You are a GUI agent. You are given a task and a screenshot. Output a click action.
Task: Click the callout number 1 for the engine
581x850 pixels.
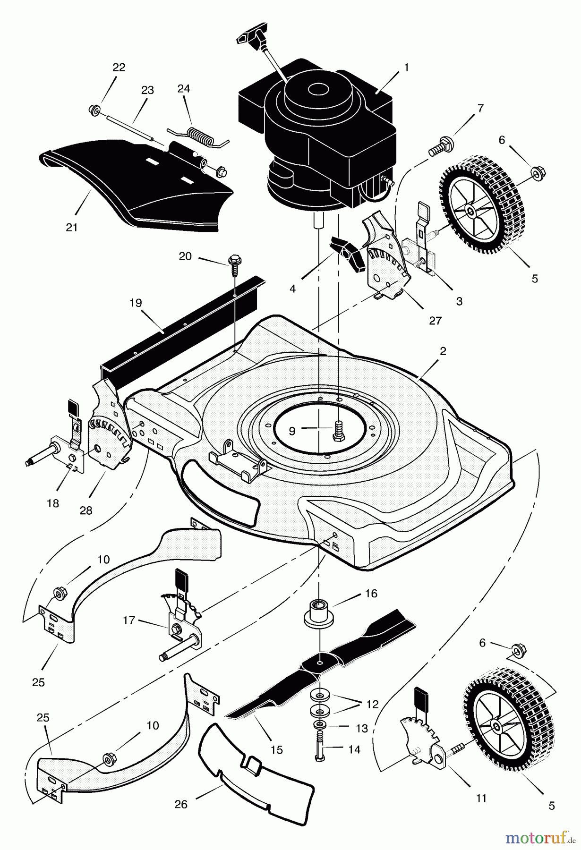coord(406,68)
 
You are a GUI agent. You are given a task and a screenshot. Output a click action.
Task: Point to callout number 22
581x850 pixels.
coord(119,68)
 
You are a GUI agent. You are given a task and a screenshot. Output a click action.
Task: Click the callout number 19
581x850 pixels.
coord(136,303)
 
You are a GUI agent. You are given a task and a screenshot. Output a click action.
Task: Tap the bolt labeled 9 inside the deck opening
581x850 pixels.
coord(338,431)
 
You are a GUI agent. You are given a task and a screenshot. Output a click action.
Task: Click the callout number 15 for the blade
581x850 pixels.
coord(277,749)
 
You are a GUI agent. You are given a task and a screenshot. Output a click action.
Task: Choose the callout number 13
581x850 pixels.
coord(362,729)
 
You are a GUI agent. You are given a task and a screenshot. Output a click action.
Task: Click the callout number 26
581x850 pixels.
coord(181,804)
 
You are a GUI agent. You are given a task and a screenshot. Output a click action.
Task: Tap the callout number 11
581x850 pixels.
coord(481,799)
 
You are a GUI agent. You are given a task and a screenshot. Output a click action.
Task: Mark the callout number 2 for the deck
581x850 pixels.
coord(443,352)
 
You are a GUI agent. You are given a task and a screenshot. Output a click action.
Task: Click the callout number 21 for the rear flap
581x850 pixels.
coord(71,227)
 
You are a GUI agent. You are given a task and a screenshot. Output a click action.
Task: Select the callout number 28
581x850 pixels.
coord(86,510)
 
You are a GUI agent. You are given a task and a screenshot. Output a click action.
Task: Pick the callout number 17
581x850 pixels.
coord(129,620)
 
